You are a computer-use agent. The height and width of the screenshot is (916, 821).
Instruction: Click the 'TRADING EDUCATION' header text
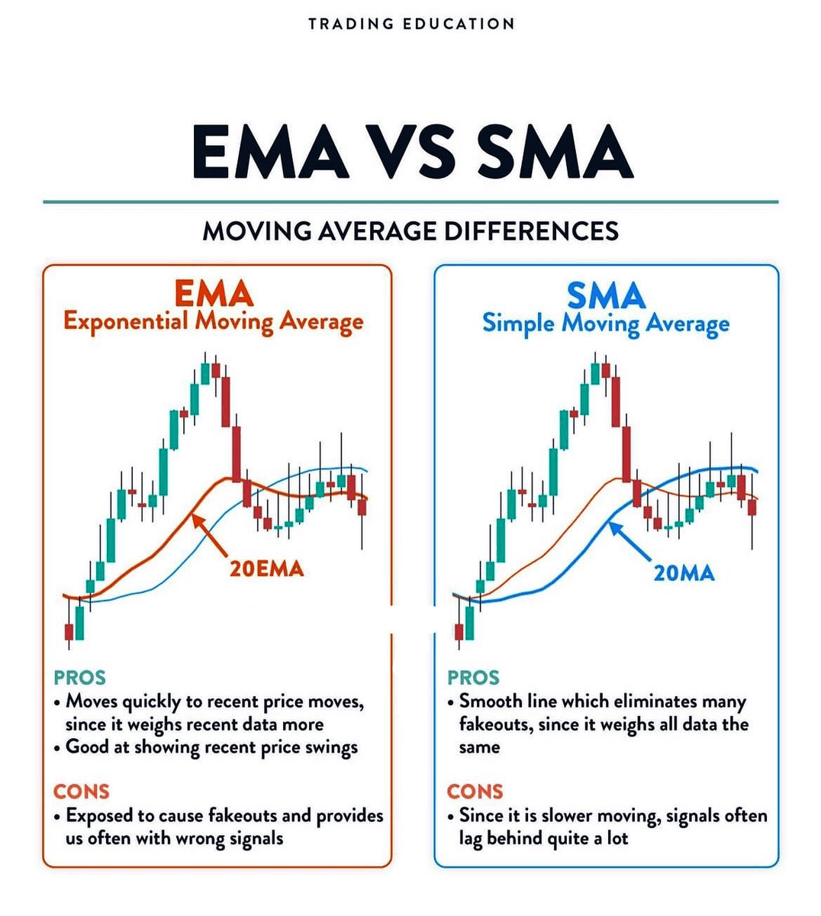(x=411, y=24)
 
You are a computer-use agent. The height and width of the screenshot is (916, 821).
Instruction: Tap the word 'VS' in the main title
(x=411, y=152)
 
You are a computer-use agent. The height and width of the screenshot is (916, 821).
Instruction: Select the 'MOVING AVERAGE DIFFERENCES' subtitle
(x=410, y=231)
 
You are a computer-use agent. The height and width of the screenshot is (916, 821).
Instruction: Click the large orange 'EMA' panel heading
(x=214, y=293)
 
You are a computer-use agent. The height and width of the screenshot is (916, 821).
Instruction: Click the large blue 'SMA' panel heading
(x=606, y=295)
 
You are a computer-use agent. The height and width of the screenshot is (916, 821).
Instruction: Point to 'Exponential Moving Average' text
(x=214, y=321)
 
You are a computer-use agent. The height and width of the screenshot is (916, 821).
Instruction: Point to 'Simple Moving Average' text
(x=606, y=324)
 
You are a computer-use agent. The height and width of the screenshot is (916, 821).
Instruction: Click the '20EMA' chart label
(x=266, y=569)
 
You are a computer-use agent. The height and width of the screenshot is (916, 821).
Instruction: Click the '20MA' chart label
(x=684, y=572)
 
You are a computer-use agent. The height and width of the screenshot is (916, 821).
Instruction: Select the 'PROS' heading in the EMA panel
(x=79, y=677)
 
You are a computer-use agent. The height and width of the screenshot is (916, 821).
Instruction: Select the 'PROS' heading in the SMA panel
(x=473, y=677)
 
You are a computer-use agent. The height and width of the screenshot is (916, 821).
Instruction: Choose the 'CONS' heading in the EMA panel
(x=81, y=792)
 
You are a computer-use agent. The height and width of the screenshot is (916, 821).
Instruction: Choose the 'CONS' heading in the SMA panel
(x=475, y=792)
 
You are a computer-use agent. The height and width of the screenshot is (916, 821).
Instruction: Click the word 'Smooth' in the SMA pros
(x=491, y=701)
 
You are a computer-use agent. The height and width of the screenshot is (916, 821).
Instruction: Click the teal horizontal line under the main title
(x=410, y=202)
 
